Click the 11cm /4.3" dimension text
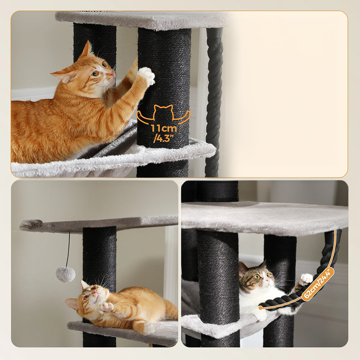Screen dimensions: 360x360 (x=164, y=133)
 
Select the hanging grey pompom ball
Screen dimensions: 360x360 (x=66, y=274)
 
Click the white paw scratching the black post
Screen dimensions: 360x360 (x=146, y=76)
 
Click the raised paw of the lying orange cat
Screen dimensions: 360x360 (x=106, y=307)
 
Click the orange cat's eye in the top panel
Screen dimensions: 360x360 (x=96, y=73)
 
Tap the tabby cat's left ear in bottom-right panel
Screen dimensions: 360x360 (x=243, y=268)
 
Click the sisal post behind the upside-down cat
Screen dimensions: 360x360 (x=100, y=255)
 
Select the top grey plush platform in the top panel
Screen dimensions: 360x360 (x=144, y=20)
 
